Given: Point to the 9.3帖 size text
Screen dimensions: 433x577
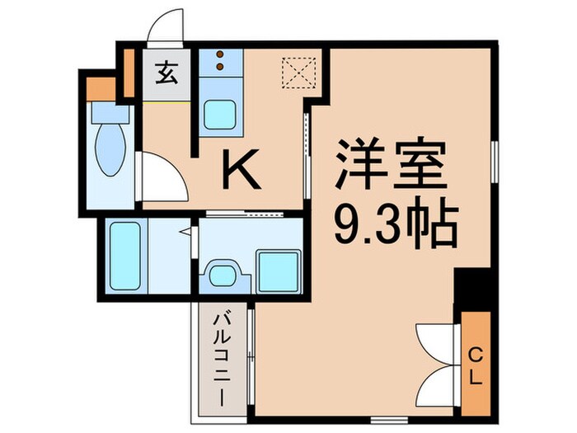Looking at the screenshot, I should (x=395, y=220).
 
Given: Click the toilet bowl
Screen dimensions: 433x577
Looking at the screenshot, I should (x=110, y=146).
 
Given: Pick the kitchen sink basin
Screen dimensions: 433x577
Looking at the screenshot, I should (x=221, y=114).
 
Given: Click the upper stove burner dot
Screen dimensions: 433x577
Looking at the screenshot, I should (x=220, y=55).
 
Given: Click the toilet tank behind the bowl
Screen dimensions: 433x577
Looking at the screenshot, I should (x=106, y=112).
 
